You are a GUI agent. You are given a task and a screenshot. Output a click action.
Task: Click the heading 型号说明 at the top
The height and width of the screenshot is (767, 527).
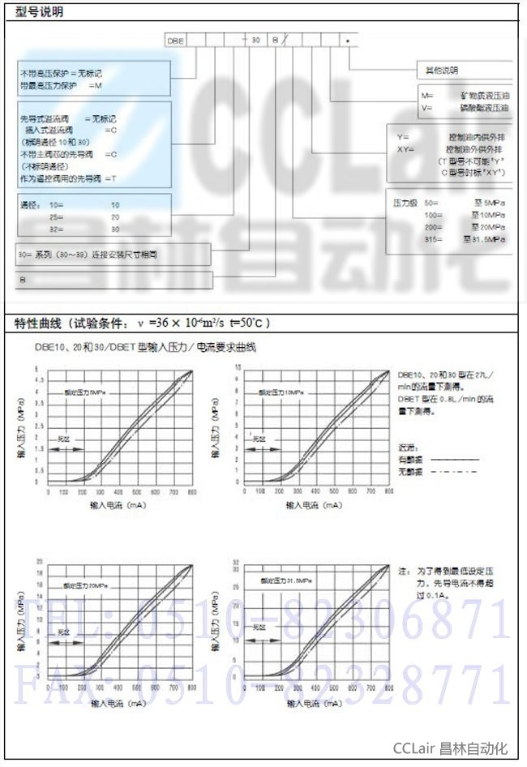click(38, 11)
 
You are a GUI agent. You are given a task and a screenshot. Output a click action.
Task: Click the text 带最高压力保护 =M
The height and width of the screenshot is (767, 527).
click(62, 84)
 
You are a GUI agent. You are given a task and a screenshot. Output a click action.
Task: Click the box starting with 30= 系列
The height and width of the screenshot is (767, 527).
click(113, 254)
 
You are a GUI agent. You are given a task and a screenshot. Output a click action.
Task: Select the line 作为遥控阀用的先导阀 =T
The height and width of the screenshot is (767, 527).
click(69, 177)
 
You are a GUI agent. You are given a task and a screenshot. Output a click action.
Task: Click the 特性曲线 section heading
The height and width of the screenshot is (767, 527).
click(142, 324)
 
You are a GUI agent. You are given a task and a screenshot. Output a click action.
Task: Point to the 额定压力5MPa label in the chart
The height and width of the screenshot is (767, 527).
click(95, 392)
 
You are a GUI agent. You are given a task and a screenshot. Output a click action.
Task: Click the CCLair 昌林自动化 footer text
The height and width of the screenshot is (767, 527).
click(450, 748)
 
